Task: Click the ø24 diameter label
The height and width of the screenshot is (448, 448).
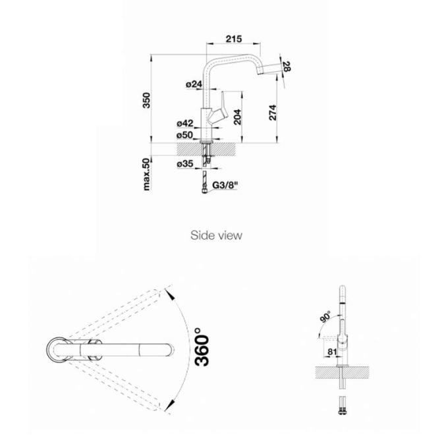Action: (x=193, y=84)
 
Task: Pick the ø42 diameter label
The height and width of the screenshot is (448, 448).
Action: (x=184, y=123)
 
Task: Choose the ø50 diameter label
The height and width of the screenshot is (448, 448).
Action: (x=184, y=135)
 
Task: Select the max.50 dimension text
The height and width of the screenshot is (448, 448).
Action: (x=148, y=175)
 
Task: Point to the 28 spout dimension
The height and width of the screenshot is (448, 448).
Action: (x=287, y=65)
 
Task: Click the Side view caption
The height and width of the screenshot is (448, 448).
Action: (x=216, y=234)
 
